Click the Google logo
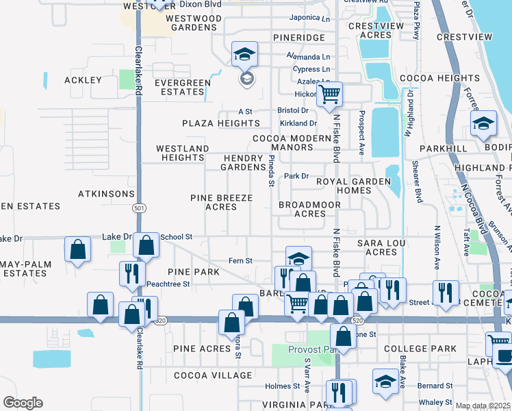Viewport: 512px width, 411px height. pos(23,403)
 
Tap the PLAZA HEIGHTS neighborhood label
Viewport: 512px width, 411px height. pos(220,123)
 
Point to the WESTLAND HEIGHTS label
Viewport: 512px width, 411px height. pos(182,153)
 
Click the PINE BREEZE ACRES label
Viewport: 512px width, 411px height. pos(221,202)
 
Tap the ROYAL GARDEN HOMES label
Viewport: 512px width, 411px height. pos(353,186)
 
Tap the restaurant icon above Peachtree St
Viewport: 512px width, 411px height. pos(129,273)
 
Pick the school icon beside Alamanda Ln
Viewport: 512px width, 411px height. pos(244,54)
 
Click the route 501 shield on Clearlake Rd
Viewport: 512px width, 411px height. pos(140,208)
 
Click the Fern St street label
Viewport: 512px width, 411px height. pos(240,260)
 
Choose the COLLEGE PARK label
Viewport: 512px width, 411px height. pos(420,349)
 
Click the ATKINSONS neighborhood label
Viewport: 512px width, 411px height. pos(106,194)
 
